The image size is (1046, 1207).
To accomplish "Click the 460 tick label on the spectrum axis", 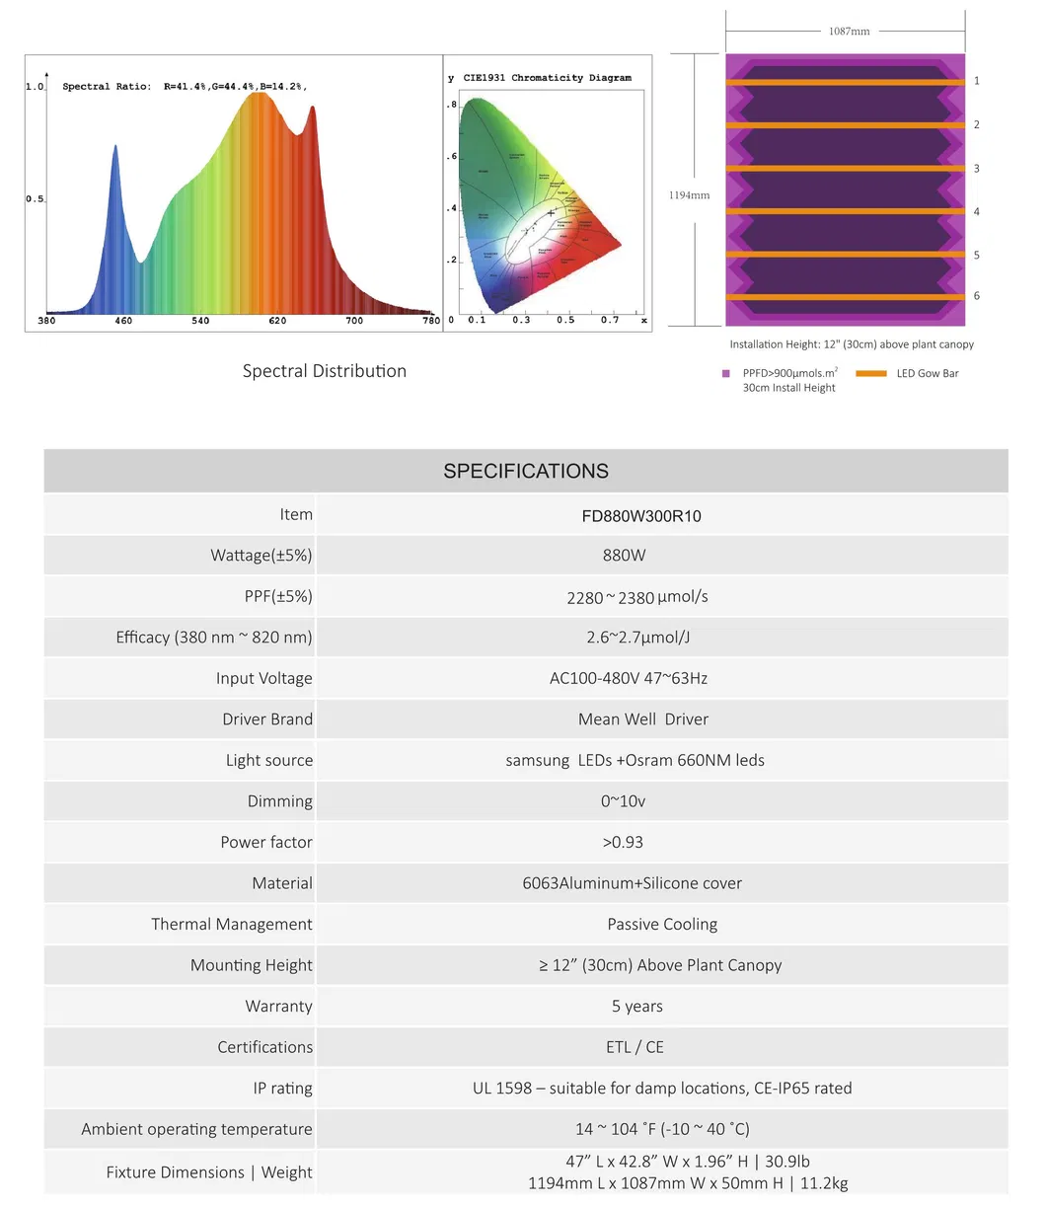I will pos(124,321).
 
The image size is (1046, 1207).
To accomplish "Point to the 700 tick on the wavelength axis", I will pos(353,321).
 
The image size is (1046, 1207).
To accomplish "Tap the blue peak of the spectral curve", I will pos(115,147).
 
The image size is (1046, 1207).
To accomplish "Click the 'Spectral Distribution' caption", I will pos(324,371).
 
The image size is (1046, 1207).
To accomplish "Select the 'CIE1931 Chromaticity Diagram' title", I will pos(547,77).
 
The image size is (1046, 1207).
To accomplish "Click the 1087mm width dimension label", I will pos(849,32).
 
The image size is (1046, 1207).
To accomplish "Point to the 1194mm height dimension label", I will pos(690,194).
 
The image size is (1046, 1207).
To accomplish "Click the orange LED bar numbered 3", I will pos(845,169).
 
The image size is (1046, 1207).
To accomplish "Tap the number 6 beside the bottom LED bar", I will pos(977,296).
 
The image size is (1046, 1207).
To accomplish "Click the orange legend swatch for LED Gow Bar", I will pos(870,374).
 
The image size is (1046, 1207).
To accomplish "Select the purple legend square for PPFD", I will pos(726,374).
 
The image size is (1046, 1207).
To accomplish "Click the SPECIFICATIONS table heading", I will pos(526,471).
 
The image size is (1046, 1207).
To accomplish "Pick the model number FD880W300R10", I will pos(641,515).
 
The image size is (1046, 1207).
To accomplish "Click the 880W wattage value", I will pos(624,556).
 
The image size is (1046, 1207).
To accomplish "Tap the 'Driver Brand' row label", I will pos(267,719).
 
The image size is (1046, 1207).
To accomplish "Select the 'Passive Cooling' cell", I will pos(662,924).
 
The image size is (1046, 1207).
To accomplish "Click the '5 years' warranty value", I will pos(636,1006).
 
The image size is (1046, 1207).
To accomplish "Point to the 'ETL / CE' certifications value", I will pos(635,1047).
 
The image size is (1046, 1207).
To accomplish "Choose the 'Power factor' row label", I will pos(266,842).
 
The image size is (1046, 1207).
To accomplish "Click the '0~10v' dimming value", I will pos(623,800).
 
